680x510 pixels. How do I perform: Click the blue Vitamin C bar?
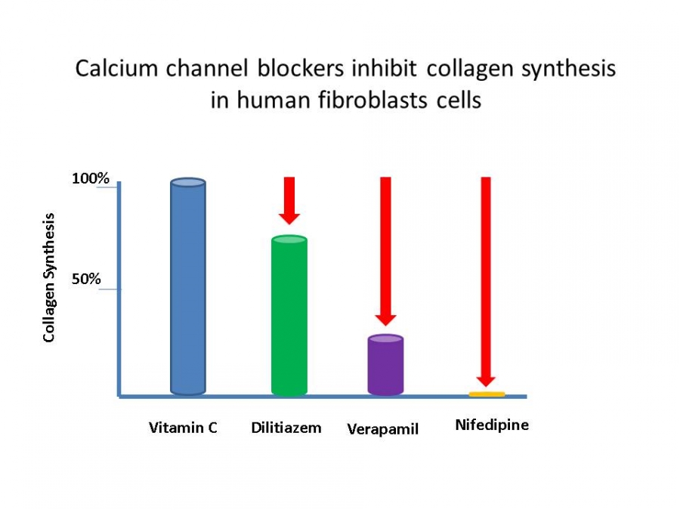pos(188,286)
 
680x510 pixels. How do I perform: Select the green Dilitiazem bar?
pos(289,315)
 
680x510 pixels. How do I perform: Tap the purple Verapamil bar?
pos(385,365)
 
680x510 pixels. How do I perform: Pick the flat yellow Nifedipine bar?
pos(487,394)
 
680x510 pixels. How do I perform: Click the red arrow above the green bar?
pos(289,200)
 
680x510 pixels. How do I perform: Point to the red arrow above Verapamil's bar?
pos(385,251)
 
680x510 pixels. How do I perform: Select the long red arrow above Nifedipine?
pos(486,282)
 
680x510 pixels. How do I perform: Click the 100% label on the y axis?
pos(90,178)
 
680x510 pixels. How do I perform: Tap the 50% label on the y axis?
pos(86,279)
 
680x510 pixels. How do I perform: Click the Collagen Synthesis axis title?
pos(49,277)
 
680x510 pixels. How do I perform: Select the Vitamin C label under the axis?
pos(183,428)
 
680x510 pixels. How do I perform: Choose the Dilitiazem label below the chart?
pos(286,428)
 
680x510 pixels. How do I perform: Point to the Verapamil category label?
pos(383,429)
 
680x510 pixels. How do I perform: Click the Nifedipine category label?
pos(492,425)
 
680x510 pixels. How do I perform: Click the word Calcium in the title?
pos(116,69)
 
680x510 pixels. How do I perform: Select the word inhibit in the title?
pos(385,69)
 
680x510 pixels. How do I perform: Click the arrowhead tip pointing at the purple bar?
pos(385,325)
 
